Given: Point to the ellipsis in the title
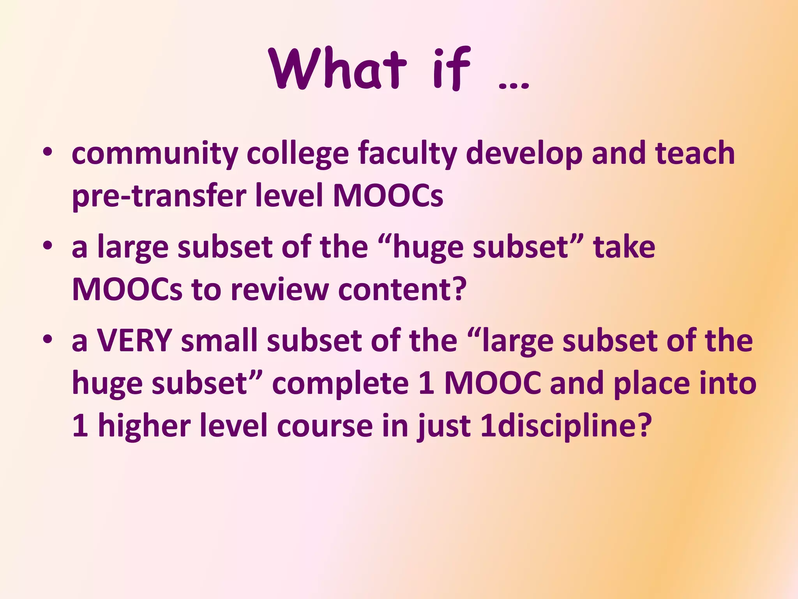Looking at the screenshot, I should pos(514,84).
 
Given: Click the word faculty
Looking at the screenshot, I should pos(407,154).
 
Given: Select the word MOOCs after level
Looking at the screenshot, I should pos(388,196).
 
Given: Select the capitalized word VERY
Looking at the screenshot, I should pos(134,340).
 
